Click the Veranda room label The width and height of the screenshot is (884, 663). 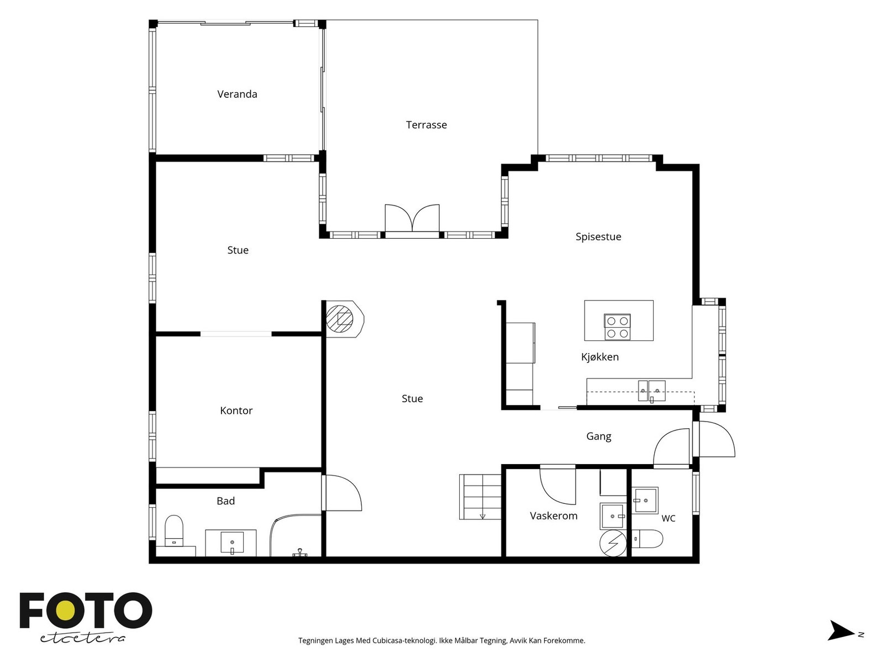237,94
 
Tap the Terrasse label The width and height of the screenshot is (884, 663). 426,125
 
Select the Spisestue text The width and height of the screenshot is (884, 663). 598,236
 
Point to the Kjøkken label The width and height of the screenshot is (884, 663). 599,357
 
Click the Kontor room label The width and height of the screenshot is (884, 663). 236,411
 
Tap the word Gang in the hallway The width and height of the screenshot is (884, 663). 598,436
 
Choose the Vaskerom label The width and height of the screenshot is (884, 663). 554,515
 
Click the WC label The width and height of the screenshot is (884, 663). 668,518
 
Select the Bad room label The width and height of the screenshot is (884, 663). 225,501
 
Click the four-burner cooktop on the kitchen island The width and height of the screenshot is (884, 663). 617,327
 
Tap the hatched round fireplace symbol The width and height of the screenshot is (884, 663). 339,319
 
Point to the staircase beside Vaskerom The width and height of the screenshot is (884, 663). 480,497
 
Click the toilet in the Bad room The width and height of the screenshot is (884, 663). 174,531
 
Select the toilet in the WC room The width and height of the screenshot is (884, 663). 647,539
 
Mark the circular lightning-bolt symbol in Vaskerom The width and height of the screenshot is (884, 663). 613,543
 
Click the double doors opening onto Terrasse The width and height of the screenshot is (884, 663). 412,219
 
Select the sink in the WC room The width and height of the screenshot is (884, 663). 644,501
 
